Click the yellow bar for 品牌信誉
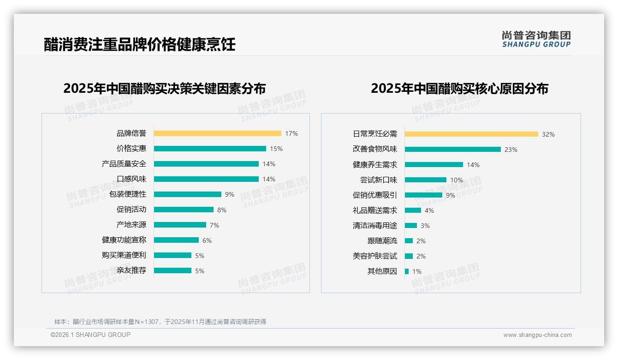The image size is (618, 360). (x=217, y=133)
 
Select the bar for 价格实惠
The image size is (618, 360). (x=210, y=149)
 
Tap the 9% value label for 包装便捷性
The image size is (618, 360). (x=229, y=194)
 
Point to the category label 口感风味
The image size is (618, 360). (x=131, y=179)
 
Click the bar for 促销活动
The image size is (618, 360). (x=184, y=210)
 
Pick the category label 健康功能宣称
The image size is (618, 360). (x=124, y=240)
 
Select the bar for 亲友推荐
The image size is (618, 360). (x=172, y=270)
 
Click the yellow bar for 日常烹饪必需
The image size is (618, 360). (x=471, y=134)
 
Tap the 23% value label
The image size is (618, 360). (x=511, y=150)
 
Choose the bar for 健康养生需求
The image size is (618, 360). (x=434, y=165)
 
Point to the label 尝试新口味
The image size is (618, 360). (x=379, y=180)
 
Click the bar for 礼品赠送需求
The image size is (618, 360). (x=413, y=210)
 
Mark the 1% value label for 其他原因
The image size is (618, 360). (x=416, y=271)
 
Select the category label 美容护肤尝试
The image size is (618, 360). (x=375, y=256)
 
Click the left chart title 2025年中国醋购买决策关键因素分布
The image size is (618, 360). (x=165, y=88)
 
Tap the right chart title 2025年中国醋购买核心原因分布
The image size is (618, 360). (x=459, y=88)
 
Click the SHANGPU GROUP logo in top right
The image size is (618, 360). (x=536, y=39)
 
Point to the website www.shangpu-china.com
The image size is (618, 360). (x=537, y=335)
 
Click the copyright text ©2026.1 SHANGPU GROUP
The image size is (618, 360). (x=90, y=335)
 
